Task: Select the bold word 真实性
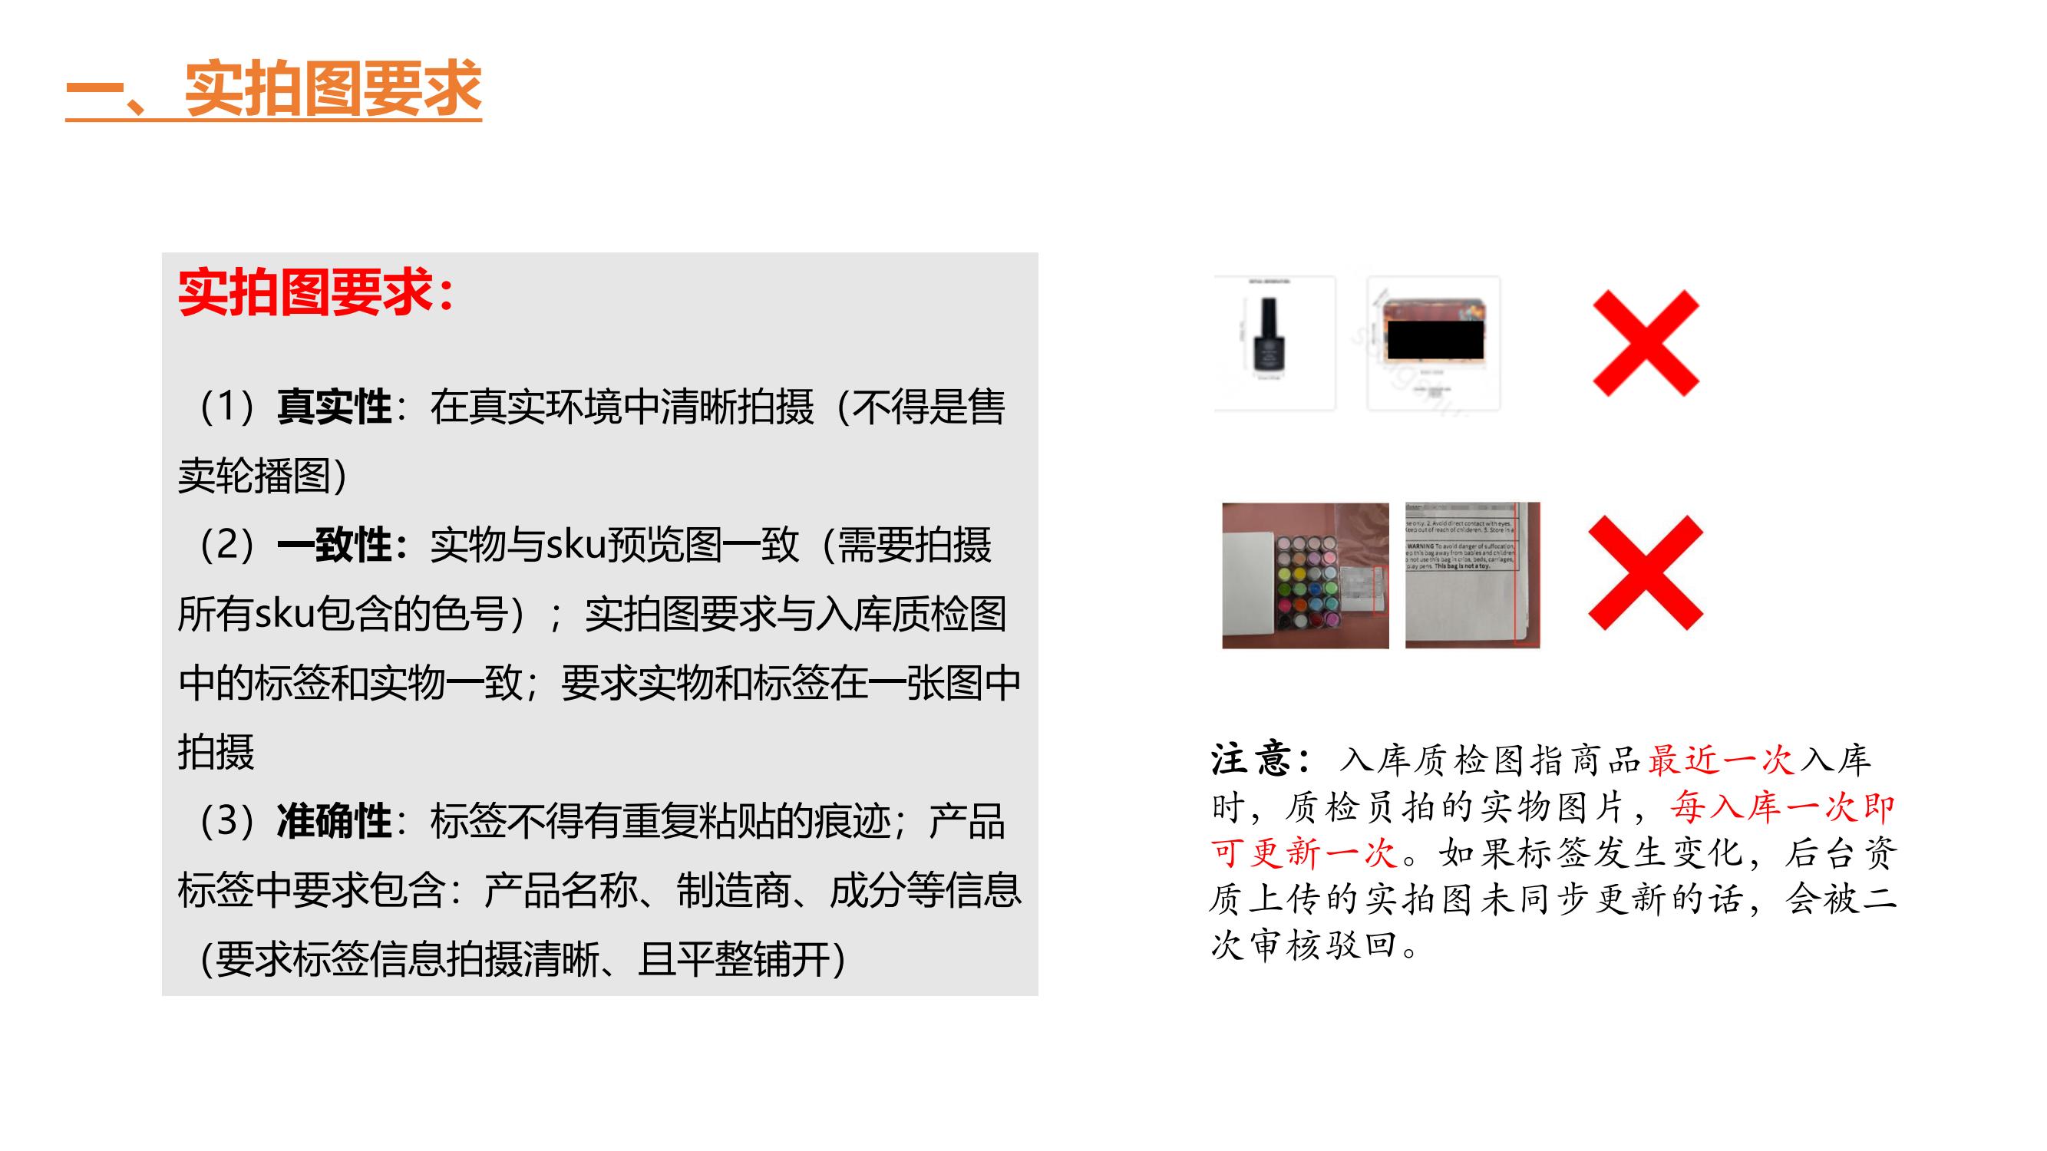[334, 407]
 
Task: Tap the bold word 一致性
[334, 546]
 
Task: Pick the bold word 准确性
[334, 821]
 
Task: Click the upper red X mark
[1646, 343]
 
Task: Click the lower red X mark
[1645, 572]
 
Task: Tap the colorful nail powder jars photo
[1305, 575]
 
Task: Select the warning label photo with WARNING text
[1471, 575]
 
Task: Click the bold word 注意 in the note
[1253, 760]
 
